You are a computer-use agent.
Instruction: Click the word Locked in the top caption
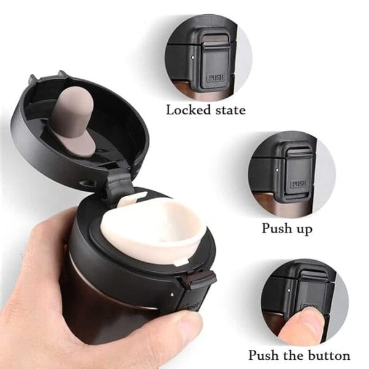pyautogui.click(x=188, y=110)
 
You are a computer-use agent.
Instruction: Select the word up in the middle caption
pyautogui.click(x=304, y=229)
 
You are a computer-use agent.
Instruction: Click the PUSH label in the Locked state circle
pyautogui.click(x=215, y=78)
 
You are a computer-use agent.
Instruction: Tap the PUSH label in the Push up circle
pyautogui.click(x=299, y=184)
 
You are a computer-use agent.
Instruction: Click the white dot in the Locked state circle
pyautogui.click(x=193, y=57)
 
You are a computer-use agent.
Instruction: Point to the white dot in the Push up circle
pyautogui.click(x=277, y=169)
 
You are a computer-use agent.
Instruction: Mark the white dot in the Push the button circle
pyautogui.click(x=289, y=291)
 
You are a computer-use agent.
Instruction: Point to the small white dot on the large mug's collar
pyautogui.click(x=172, y=294)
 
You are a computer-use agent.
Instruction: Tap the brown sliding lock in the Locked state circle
pyautogui.click(x=215, y=38)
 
